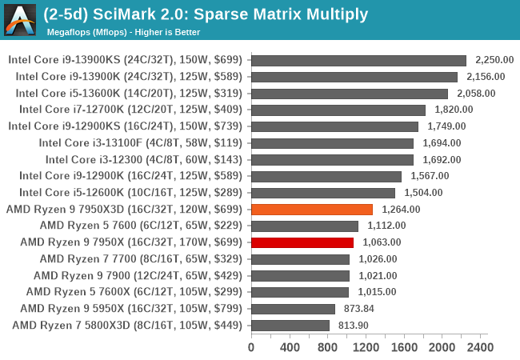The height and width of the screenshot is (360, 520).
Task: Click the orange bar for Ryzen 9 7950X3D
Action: click(312, 210)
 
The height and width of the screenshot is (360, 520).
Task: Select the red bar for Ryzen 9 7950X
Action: click(302, 242)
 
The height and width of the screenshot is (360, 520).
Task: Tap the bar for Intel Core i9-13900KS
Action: click(359, 61)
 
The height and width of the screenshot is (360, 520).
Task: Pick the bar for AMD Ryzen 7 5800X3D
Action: click(290, 325)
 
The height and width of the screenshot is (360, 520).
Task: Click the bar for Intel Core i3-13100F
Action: click(332, 143)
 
